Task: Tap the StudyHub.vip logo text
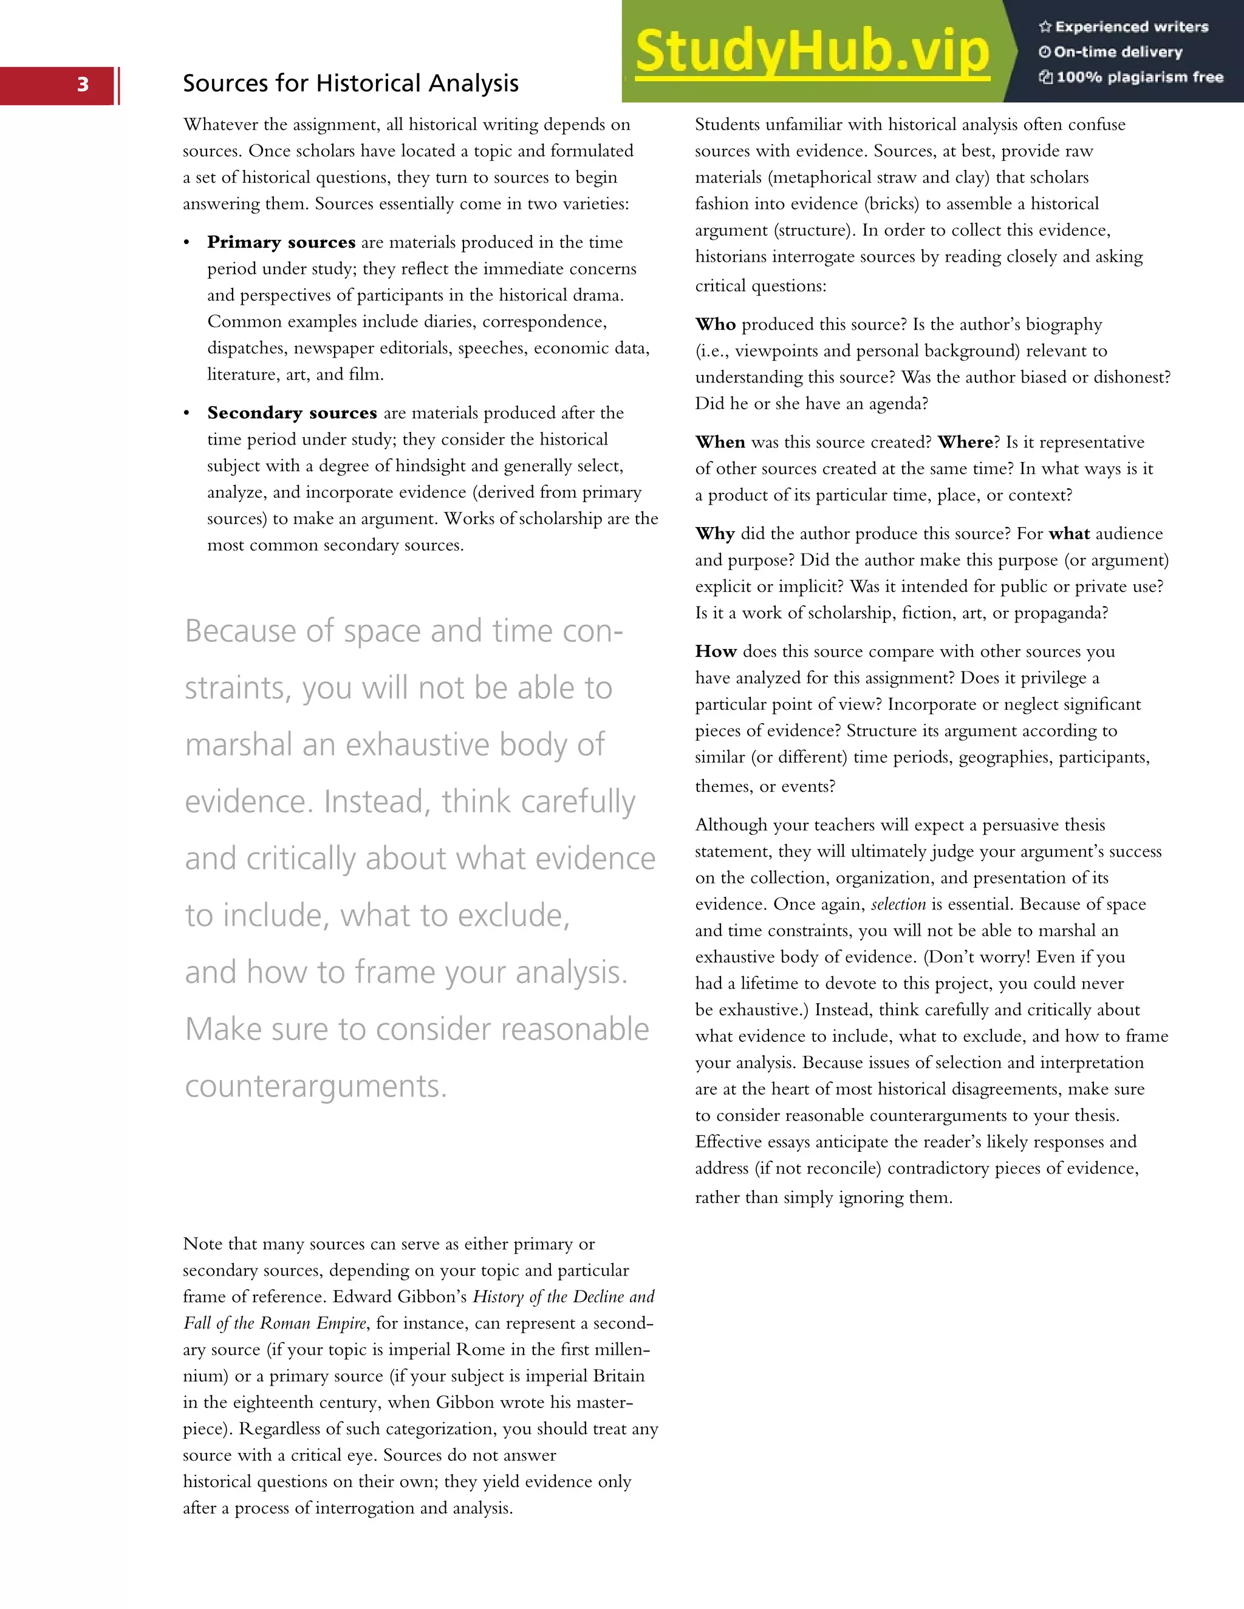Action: (x=812, y=52)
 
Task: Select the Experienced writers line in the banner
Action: (x=1124, y=27)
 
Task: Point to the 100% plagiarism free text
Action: (x=1131, y=77)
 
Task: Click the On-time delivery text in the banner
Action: (x=1112, y=52)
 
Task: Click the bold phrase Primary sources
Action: (x=281, y=242)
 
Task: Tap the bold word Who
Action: (x=715, y=324)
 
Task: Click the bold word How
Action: (x=716, y=651)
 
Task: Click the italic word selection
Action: (x=898, y=905)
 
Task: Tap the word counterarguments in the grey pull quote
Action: (x=315, y=1087)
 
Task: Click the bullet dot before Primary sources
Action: (x=187, y=243)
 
